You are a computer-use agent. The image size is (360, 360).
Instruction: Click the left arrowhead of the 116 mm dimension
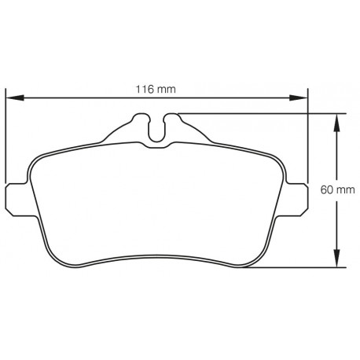point(13,97)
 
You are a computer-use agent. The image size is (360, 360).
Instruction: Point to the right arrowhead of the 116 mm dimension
point(301,97)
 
